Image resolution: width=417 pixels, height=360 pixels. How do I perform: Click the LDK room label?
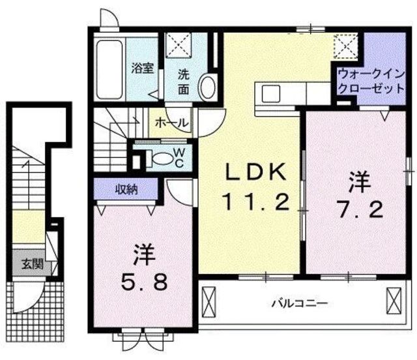257,173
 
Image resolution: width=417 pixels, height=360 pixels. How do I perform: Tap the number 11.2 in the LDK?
257,202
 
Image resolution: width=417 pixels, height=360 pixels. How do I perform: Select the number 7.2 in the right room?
360,209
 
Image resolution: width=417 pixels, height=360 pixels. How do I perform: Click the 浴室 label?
143,68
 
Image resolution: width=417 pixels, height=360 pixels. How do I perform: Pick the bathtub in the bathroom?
109,69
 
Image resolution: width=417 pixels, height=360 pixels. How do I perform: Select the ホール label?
171,123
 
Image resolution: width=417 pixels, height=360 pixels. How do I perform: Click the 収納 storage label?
126,190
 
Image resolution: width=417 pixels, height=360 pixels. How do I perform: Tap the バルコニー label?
300,303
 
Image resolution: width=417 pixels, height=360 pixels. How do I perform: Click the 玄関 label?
33,264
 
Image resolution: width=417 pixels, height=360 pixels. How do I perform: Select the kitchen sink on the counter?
271,94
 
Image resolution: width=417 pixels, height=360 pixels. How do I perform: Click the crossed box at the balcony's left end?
209,302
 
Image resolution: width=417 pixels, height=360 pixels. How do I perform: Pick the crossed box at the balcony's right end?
394,301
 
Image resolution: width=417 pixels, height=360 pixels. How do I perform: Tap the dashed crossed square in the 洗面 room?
179,44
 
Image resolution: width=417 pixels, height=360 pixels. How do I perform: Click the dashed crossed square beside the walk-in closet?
346,46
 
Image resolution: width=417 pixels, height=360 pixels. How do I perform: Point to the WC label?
180,158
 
